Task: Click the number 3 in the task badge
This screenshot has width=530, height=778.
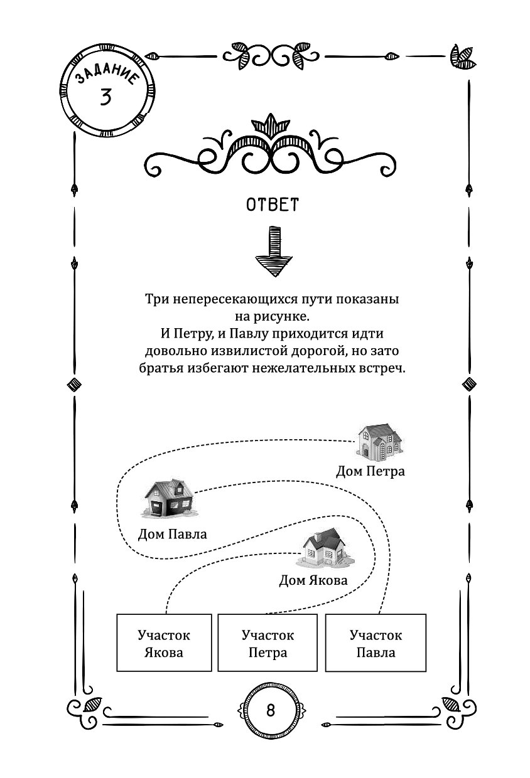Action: pos(105,97)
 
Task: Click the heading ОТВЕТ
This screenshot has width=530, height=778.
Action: pos(273,205)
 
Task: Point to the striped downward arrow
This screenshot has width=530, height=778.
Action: pos(274,251)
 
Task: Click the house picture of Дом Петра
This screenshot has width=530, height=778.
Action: pos(379,441)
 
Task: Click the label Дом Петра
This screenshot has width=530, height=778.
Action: pos(370,471)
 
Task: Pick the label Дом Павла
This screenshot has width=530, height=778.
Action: pos(173,534)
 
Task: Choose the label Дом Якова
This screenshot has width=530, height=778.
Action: pos(313,580)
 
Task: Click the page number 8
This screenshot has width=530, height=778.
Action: pos(271,710)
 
